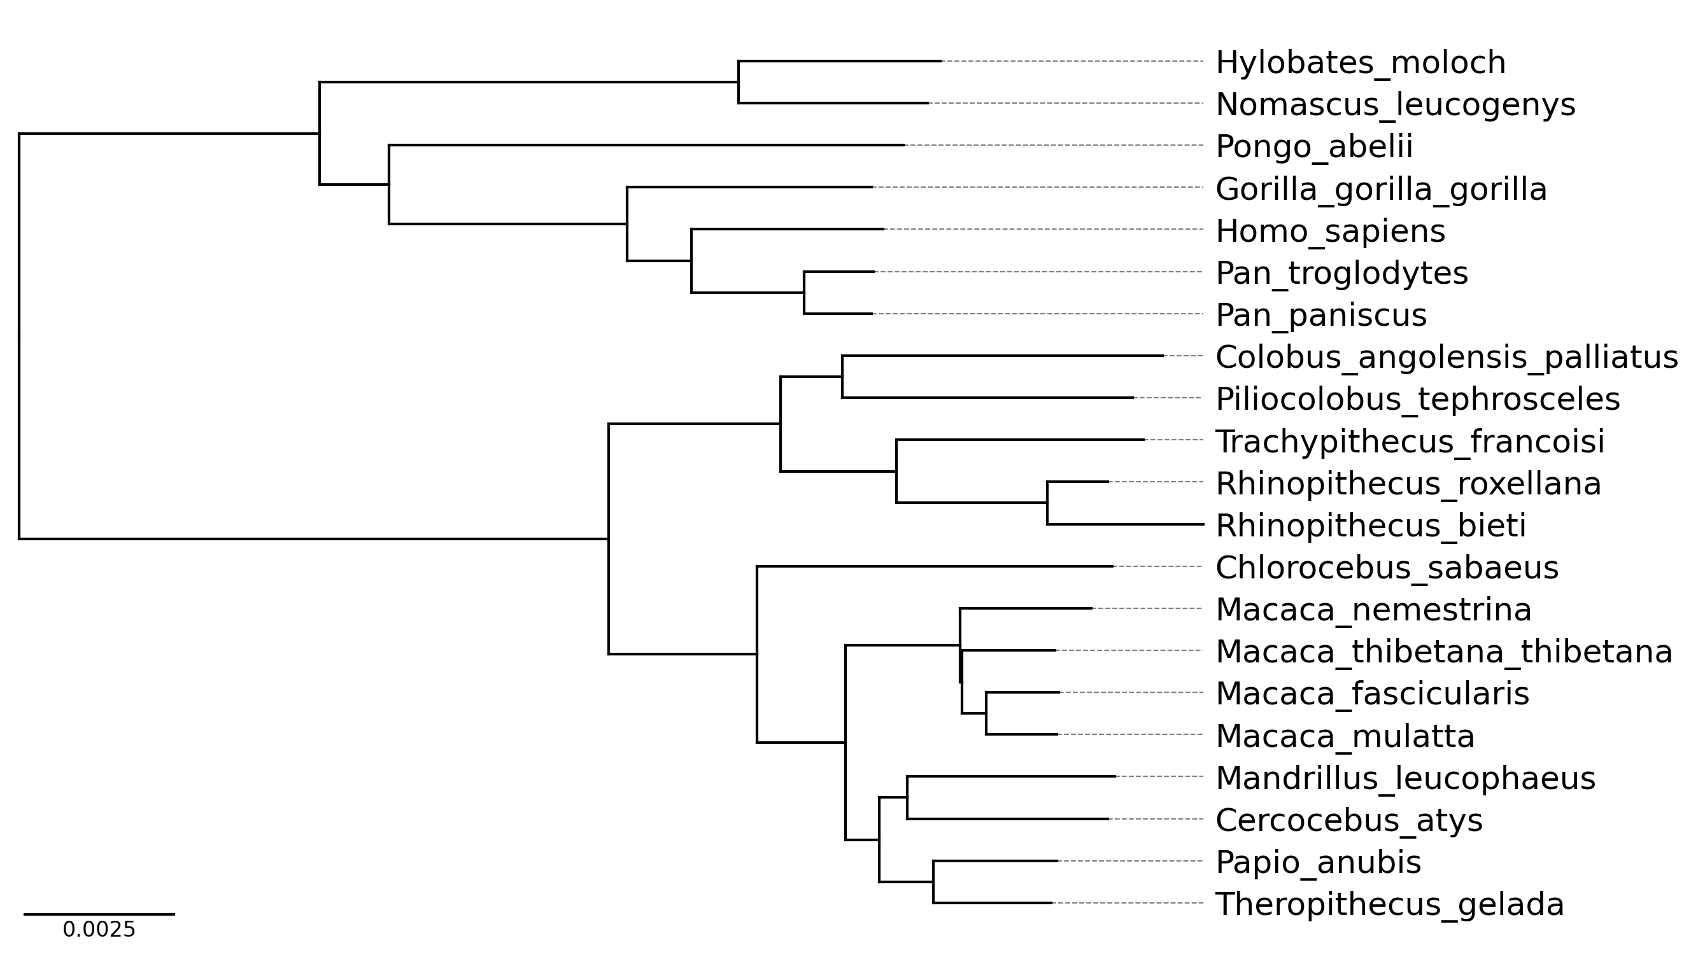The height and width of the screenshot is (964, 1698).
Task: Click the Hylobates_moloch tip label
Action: [1361, 63]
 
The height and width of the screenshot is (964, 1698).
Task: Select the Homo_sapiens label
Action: [1330, 231]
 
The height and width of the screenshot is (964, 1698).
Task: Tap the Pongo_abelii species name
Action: [1314, 146]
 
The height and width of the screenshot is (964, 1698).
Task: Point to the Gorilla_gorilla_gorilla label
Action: [1381, 190]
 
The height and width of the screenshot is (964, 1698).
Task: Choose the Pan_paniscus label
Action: [1320, 315]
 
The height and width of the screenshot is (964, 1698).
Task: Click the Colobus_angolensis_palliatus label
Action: [1447, 358]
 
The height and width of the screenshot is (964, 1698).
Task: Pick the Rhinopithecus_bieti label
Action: [1371, 526]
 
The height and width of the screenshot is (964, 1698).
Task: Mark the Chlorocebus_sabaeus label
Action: [1387, 568]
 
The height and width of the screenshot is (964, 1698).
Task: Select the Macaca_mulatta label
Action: [1345, 736]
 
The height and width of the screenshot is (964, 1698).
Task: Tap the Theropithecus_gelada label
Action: [1389, 904]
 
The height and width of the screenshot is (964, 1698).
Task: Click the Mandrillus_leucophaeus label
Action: [1405, 779]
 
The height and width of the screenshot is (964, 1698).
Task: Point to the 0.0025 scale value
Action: [99, 930]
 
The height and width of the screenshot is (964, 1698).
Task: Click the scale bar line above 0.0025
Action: [99, 914]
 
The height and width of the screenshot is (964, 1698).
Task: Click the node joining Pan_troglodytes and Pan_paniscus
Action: [804, 293]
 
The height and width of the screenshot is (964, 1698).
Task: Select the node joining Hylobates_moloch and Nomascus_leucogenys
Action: [739, 82]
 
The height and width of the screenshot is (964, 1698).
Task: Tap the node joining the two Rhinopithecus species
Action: [1047, 503]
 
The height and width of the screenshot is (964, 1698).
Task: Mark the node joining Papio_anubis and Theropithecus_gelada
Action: [933, 882]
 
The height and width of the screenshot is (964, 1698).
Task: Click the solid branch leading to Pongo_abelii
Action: [646, 145]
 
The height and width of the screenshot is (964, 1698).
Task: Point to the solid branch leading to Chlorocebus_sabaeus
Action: [934, 566]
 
